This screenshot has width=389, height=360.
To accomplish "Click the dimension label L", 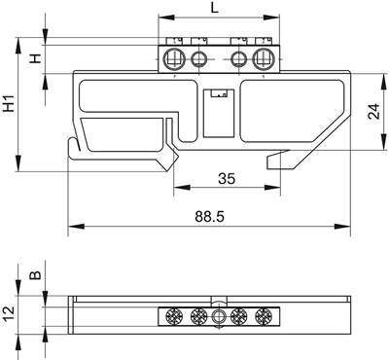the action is pos(214,8).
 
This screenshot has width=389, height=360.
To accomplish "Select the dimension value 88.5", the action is pos(209,216).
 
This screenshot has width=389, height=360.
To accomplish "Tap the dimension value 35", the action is pos(227,179).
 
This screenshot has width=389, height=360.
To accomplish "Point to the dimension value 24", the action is pos(374,112).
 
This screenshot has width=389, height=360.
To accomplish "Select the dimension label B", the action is pos(36,275).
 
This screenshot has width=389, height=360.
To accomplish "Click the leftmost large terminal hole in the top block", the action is pos(173,59).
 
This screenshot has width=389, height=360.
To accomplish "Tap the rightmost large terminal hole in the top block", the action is pos(264,59).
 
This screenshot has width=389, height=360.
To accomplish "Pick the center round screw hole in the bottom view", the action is pos(219,316).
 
